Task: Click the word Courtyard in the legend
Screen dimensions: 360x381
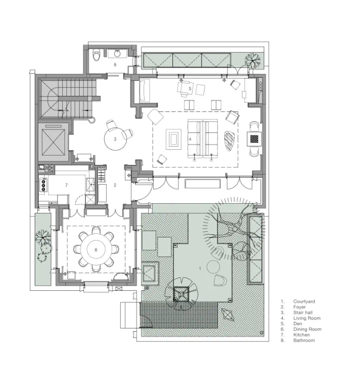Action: pos(304,301)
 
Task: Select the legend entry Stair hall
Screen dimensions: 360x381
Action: pos(303,313)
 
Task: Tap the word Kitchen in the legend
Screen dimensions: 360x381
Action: pos(301,334)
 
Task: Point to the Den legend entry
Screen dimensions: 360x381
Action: pos(298,323)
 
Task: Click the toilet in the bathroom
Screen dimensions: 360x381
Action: pos(97,55)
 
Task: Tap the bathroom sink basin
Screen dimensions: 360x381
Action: pos(118,53)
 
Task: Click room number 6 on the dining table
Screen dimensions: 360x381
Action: pos(96,250)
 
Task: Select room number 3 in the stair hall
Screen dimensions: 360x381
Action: pos(115,139)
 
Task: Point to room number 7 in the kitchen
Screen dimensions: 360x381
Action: pos(66,185)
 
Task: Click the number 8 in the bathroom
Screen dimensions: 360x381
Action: pos(115,65)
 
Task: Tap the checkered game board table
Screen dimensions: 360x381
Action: pos(254,139)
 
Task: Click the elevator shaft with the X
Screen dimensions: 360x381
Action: pos(53,142)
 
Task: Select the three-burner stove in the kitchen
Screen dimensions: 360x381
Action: pos(44,186)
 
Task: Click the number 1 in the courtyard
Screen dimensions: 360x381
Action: pos(200,269)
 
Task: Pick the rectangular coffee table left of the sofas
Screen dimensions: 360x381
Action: pos(174,139)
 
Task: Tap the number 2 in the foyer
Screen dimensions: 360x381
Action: pos(115,185)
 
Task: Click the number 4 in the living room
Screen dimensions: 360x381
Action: pos(190,139)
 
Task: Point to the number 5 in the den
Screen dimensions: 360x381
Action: pos(190,89)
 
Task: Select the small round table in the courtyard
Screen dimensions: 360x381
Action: pos(213,266)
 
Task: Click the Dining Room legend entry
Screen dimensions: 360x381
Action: pos(307,329)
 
